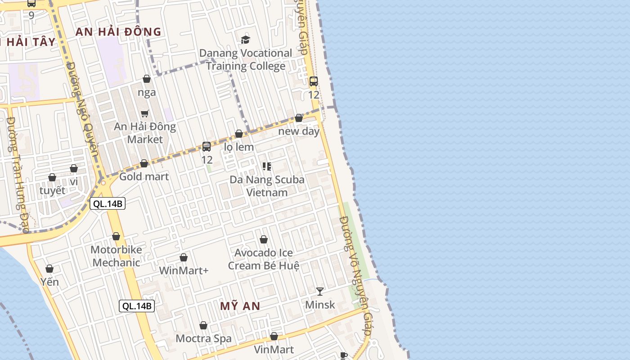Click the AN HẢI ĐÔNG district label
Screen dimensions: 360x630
(118, 31)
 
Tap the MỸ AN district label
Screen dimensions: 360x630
(240, 306)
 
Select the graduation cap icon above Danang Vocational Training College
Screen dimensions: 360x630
(245, 40)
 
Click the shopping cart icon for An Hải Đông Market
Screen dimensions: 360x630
(144, 113)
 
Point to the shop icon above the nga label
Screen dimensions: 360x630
(147, 79)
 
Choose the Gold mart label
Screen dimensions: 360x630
(144, 176)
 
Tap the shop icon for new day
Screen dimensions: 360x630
(299, 118)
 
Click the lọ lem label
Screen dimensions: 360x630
(239, 147)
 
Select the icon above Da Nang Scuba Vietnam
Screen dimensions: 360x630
(266, 166)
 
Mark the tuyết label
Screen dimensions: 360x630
(52, 190)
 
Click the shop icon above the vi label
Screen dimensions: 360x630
(74, 169)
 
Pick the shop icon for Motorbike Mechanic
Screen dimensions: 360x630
(116, 236)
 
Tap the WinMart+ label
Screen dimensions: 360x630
(184, 271)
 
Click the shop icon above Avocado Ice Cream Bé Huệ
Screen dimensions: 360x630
(264, 239)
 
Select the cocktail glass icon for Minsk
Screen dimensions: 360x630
(320, 292)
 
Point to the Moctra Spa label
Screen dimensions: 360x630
(203, 338)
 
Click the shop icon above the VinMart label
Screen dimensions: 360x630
(274, 336)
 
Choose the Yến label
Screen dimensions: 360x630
(49, 282)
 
